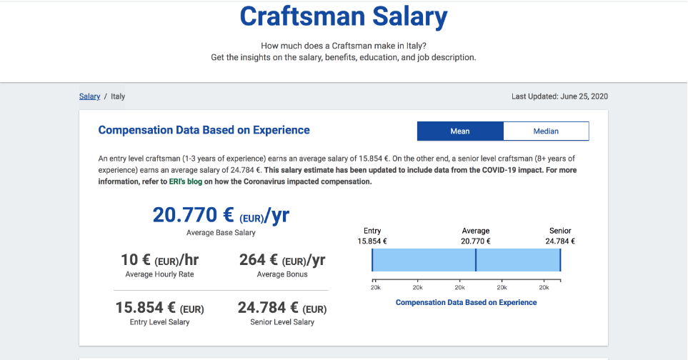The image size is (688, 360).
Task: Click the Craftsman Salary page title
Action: click(x=344, y=17)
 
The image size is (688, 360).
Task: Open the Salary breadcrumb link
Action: click(x=89, y=96)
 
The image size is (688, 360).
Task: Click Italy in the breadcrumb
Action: click(x=118, y=96)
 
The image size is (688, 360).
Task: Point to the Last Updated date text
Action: click(x=559, y=96)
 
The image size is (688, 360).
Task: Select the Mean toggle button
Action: click(x=460, y=131)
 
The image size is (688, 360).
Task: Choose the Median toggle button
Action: click(x=546, y=131)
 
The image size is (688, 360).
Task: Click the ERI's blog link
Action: click(x=187, y=182)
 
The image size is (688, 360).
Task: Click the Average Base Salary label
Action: click(x=221, y=233)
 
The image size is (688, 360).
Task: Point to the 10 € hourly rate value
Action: click(x=160, y=260)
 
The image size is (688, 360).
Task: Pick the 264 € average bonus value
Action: click(x=282, y=260)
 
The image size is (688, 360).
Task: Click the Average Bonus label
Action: click(x=282, y=274)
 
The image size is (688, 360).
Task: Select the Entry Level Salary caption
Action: click(x=160, y=322)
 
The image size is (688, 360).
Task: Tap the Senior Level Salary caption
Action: click(x=282, y=322)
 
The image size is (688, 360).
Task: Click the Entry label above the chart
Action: click(x=372, y=231)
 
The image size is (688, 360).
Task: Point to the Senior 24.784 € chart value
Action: click(x=560, y=241)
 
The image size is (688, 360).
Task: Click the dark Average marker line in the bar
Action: click(x=476, y=260)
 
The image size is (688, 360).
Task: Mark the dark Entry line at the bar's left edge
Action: click(x=372, y=260)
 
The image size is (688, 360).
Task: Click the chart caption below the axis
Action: click(x=466, y=303)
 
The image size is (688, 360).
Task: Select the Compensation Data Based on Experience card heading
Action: click(x=204, y=130)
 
